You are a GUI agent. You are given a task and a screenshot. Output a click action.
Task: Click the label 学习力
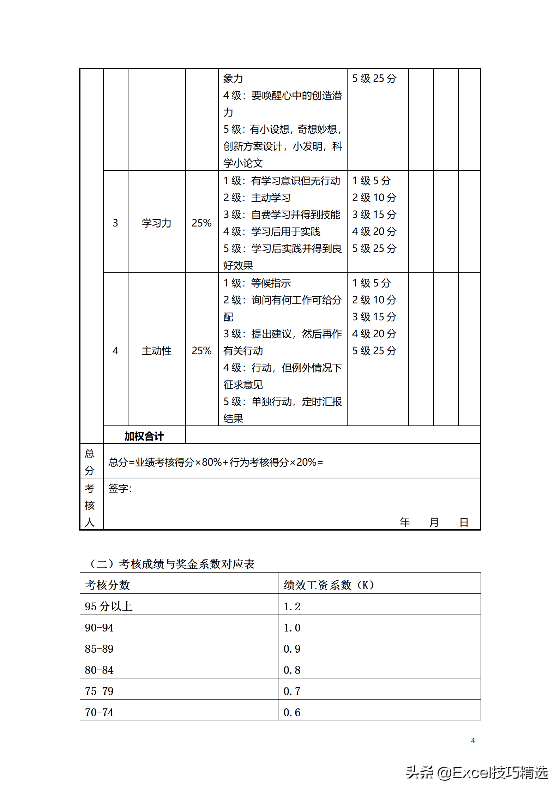point(156,223)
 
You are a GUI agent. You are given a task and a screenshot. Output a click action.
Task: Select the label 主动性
point(156,351)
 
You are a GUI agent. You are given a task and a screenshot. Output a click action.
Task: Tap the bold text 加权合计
point(144,436)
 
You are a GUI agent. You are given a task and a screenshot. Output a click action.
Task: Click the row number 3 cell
point(115,223)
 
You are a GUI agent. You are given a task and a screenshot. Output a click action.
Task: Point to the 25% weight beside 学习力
point(201,223)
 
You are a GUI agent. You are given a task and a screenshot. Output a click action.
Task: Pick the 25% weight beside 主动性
point(201,351)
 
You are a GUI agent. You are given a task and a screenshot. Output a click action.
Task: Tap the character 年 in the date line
point(405,522)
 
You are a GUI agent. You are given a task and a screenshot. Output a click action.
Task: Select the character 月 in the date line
point(434,522)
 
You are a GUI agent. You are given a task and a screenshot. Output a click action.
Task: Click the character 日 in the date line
point(464,522)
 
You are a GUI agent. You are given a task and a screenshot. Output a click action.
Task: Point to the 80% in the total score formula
point(212,462)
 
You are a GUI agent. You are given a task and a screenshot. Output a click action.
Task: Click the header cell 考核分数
point(107,585)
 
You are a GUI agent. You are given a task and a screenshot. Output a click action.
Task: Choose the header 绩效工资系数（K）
point(329,585)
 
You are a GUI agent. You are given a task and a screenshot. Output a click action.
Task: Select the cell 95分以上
point(109,606)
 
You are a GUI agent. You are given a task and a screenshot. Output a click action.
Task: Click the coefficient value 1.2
point(292,606)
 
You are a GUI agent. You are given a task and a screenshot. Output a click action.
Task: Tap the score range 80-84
point(99,670)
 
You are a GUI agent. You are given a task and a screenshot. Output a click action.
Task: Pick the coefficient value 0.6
point(292,712)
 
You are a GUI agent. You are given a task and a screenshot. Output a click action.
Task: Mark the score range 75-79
point(99,691)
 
